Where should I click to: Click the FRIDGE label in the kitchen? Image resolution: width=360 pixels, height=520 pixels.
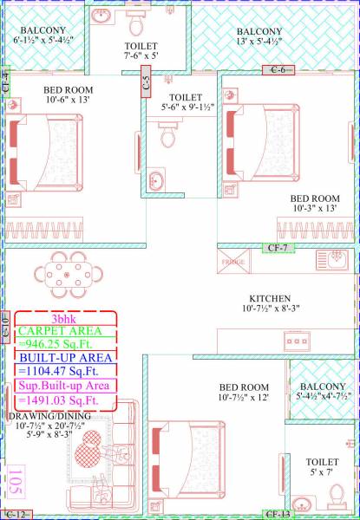pyautogui.click(x=233, y=262)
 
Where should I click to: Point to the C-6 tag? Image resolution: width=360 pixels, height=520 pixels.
pyautogui.click(x=278, y=69)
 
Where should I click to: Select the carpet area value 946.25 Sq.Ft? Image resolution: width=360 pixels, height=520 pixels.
pyautogui.click(x=64, y=342)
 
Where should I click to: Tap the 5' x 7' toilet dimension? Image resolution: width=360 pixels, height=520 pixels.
pyautogui.click(x=322, y=474)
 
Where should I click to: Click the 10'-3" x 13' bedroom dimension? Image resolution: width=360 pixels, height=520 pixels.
pyautogui.click(x=313, y=208)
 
